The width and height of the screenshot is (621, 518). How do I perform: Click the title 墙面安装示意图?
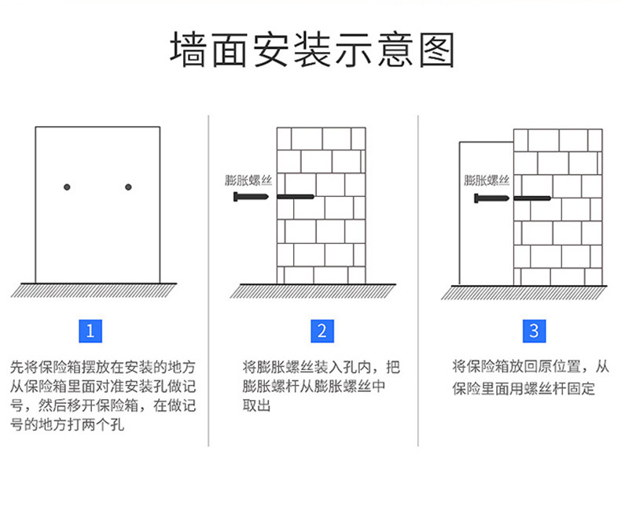312,50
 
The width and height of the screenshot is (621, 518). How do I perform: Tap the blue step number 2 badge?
321,331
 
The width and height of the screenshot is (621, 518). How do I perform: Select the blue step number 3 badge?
534,331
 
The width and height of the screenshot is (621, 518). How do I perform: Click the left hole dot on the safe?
68,187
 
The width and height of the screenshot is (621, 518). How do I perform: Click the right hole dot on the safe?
128,187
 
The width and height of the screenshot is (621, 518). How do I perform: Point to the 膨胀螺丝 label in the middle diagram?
247,180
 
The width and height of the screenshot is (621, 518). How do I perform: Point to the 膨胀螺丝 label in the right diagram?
487,180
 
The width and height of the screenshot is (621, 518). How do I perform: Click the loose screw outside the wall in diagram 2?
252,196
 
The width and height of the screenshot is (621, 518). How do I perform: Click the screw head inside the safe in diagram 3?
480,197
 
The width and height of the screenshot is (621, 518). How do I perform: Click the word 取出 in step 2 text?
256,406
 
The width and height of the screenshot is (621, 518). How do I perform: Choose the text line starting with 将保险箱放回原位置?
531,366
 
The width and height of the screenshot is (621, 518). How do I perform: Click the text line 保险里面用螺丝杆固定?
524,388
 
